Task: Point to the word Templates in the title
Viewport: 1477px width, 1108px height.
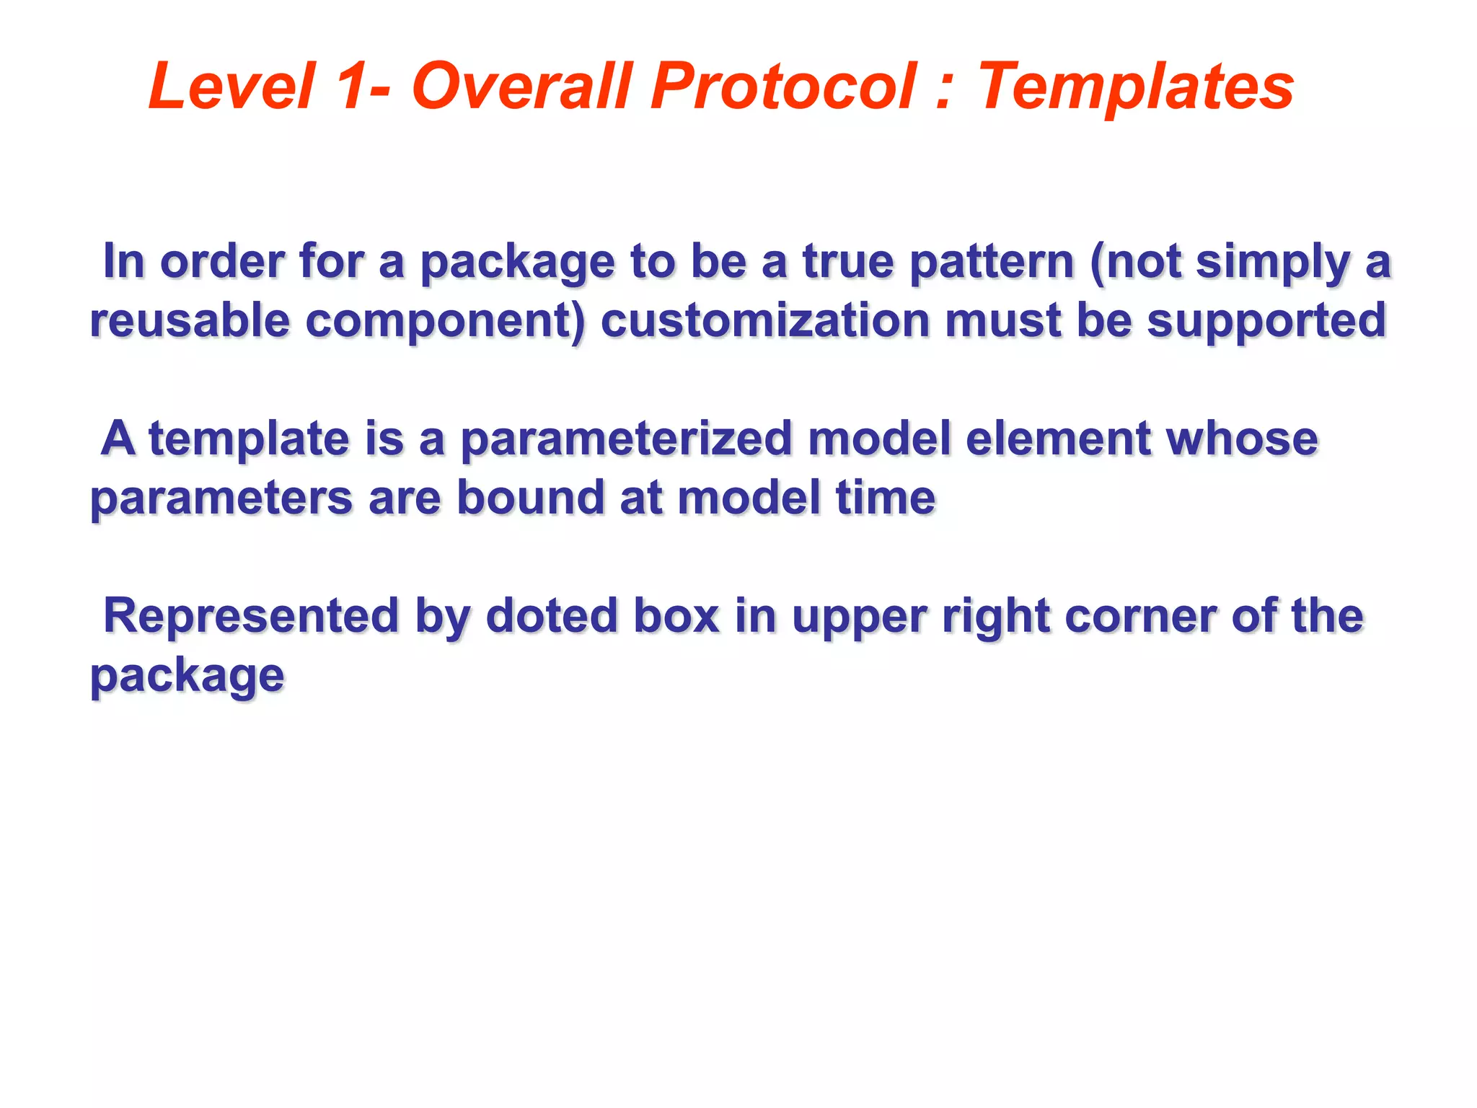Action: coord(1136,87)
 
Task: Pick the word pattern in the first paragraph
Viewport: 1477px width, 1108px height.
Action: coord(992,261)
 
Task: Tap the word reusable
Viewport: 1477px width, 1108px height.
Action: coord(189,320)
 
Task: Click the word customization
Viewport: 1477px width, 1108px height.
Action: coord(764,320)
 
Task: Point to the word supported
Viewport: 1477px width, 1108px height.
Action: coord(1266,322)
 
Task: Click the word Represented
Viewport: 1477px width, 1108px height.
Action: coord(251,616)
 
